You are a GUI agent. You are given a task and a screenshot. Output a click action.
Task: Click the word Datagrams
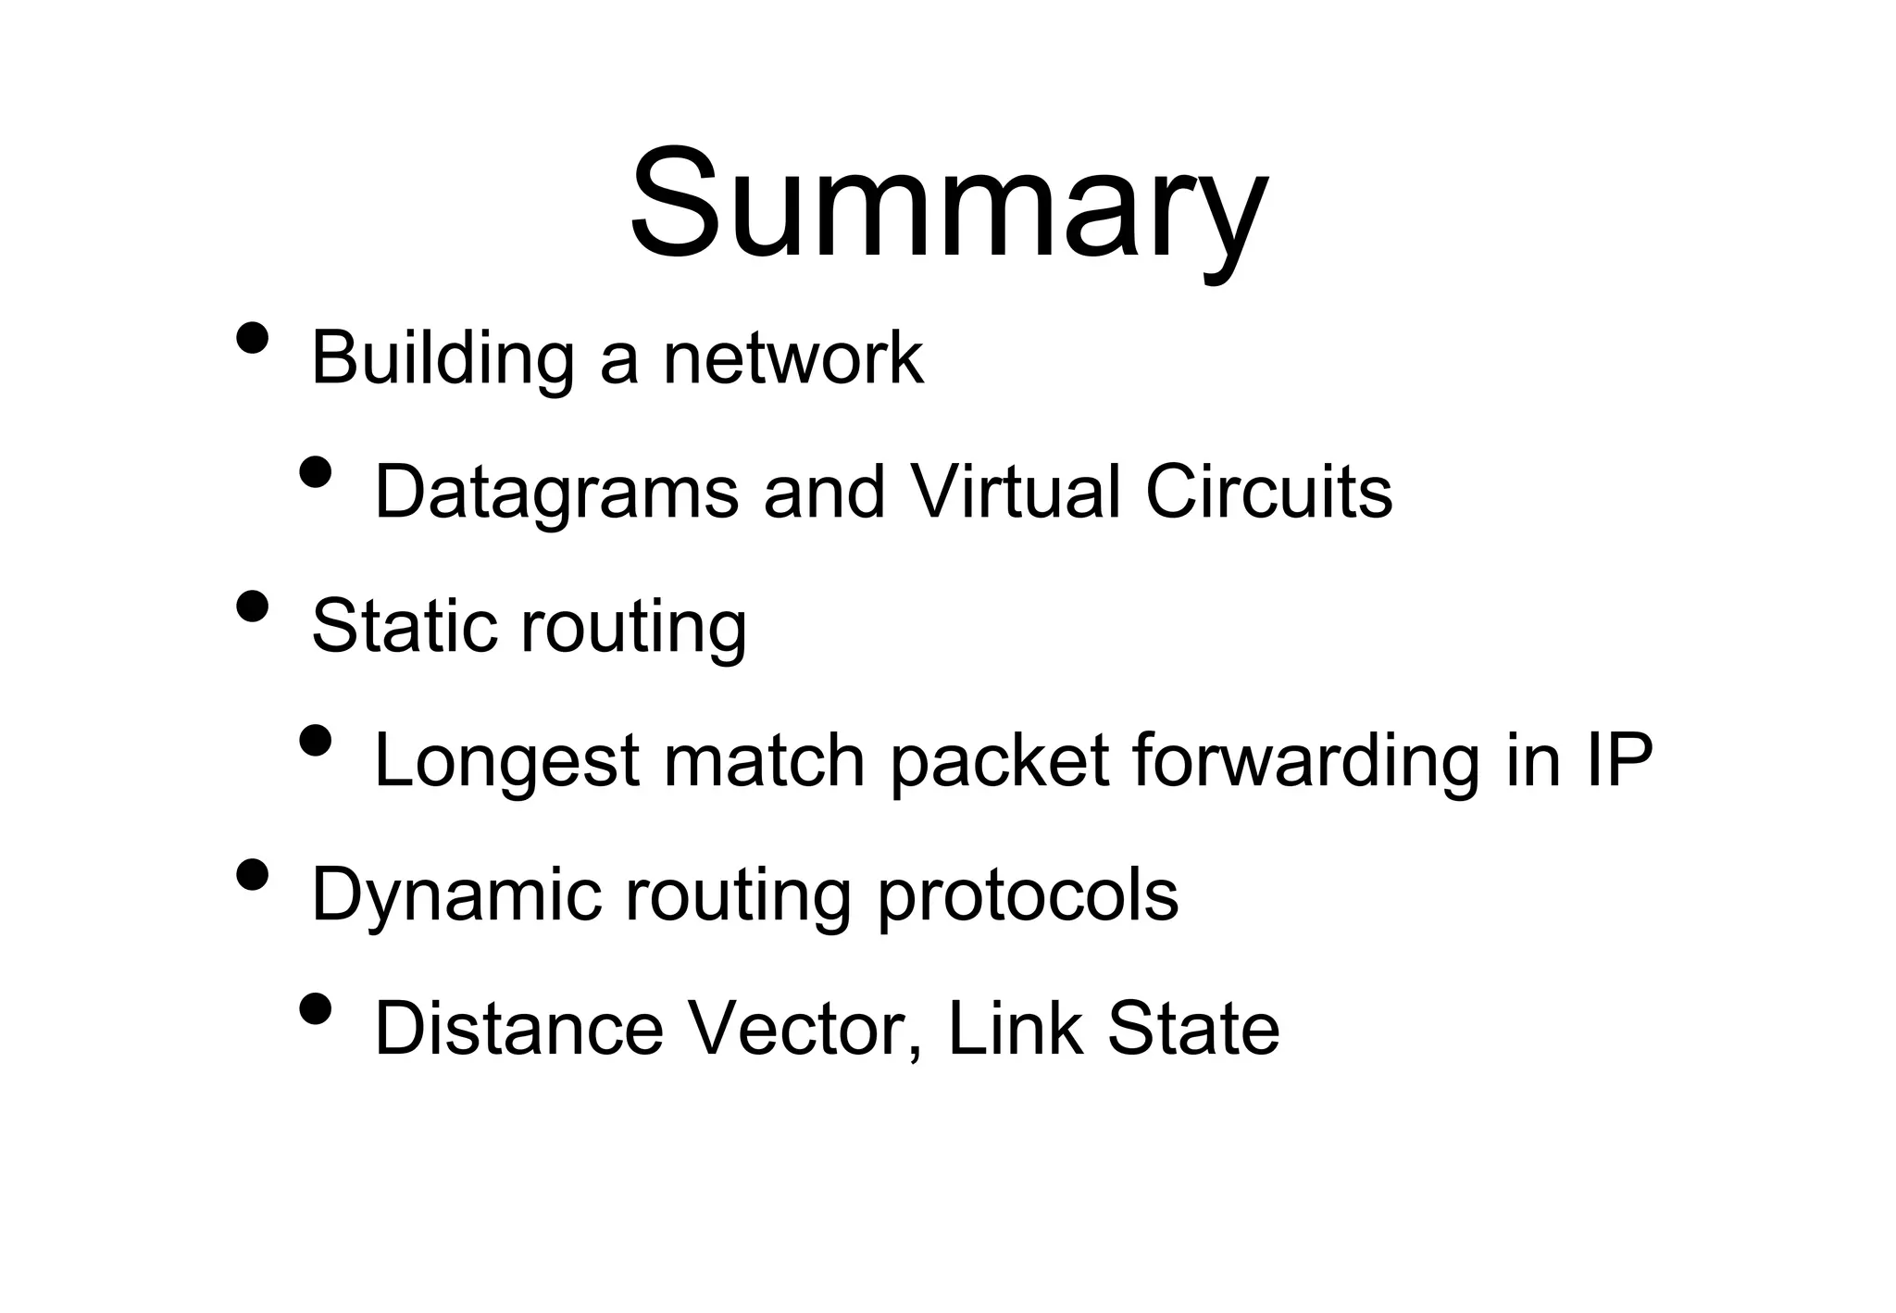coord(556,494)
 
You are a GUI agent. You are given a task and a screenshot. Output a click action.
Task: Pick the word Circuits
coord(1268,492)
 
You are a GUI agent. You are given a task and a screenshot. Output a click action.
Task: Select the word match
coord(764,760)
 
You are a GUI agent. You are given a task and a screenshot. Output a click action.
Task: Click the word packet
coord(999,762)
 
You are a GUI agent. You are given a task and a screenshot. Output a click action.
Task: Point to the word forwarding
coord(1305,762)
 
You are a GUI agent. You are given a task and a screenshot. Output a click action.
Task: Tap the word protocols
coord(1027,896)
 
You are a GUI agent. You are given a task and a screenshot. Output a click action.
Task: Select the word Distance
coord(518,1029)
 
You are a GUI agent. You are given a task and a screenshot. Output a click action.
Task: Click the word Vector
coord(806,1029)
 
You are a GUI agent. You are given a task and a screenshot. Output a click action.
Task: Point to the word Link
coord(1015,1029)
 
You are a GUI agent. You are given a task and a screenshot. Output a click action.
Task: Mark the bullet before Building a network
coord(253,338)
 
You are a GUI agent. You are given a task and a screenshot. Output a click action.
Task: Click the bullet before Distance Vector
coord(316,1008)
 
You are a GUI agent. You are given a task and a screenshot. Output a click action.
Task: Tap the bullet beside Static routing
coord(253,606)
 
